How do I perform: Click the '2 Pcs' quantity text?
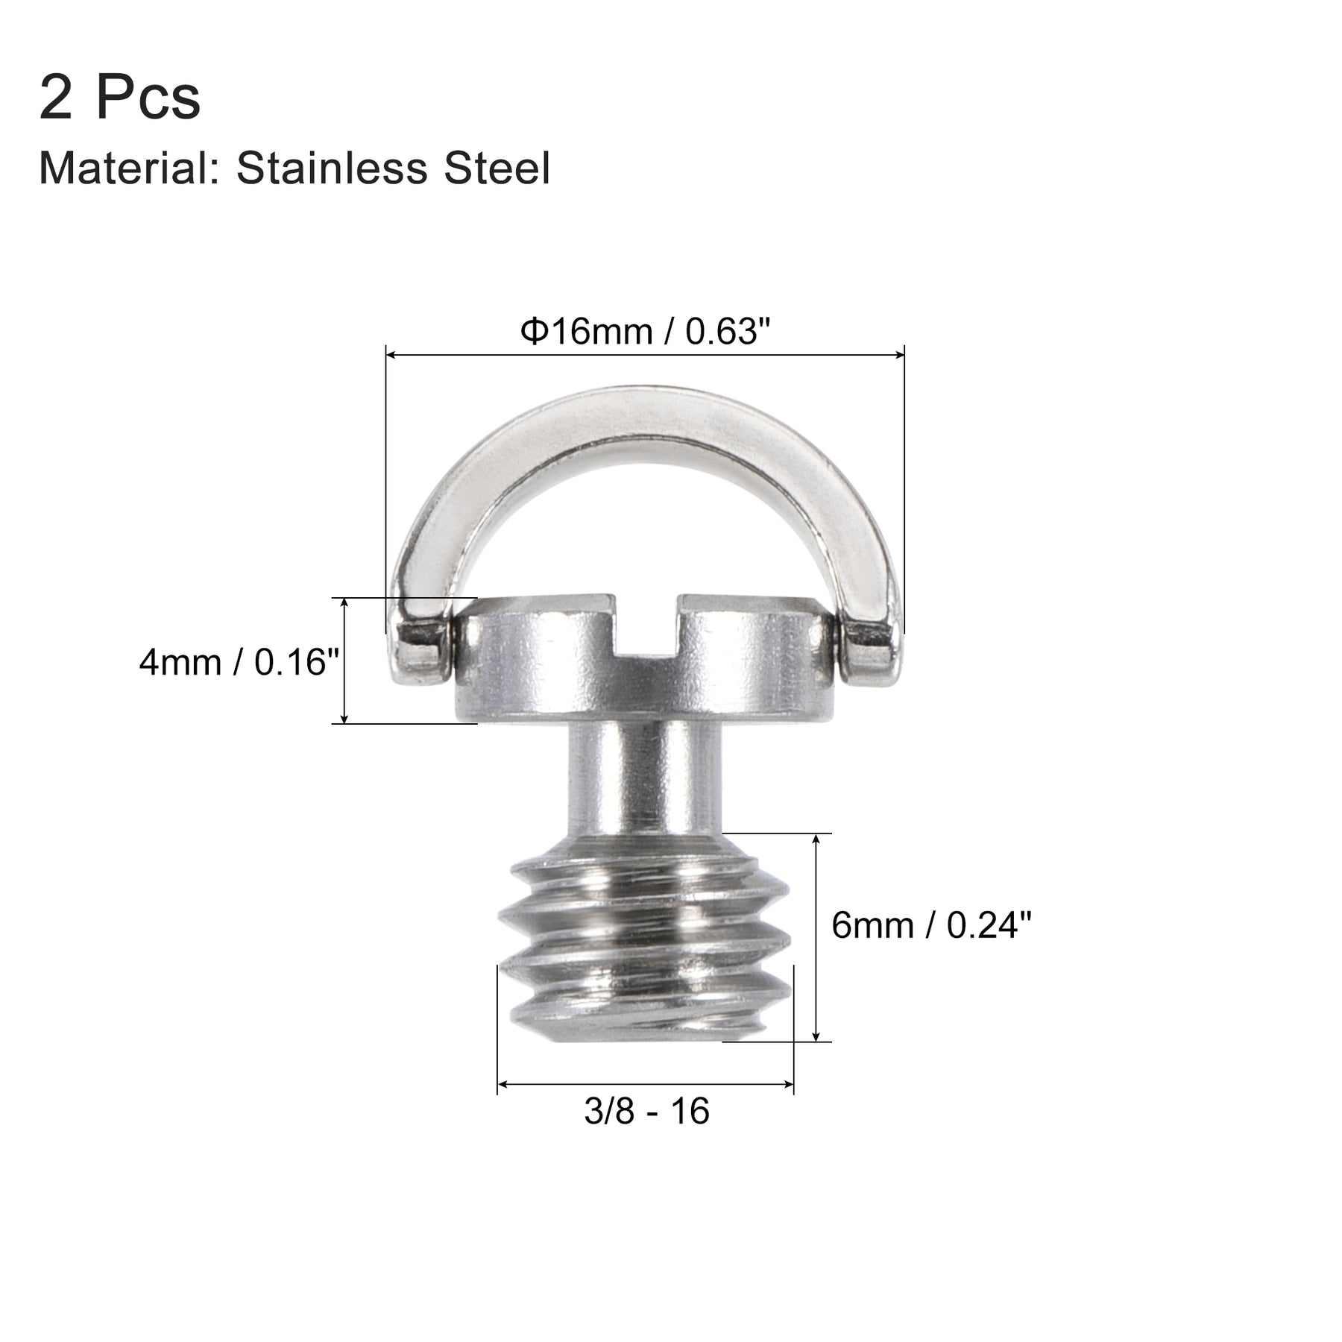pyautogui.click(x=120, y=97)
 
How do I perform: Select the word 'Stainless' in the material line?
pyautogui.click(x=332, y=168)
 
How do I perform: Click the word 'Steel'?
pyautogui.click(x=497, y=168)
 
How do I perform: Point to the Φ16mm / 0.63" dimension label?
pyautogui.click(x=644, y=331)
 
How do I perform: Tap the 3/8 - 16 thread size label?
pyautogui.click(x=646, y=1111)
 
